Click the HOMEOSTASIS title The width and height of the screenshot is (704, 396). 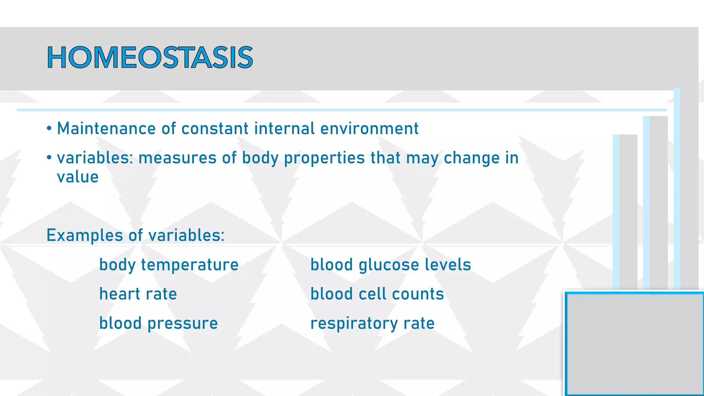(150, 57)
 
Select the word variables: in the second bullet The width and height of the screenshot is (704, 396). (95, 158)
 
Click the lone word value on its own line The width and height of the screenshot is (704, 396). (78, 177)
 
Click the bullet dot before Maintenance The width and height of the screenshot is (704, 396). (49, 129)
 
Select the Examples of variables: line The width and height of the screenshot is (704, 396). (135, 235)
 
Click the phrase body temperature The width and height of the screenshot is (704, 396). (169, 265)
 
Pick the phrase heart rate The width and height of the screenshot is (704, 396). (138, 294)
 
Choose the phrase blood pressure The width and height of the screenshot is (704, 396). (158, 323)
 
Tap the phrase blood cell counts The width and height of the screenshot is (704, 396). (377, 294)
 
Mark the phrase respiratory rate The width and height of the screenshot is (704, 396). (372, 323)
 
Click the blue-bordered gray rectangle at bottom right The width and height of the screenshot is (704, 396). (634, 344)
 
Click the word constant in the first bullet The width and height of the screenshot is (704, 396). (215, 129)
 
